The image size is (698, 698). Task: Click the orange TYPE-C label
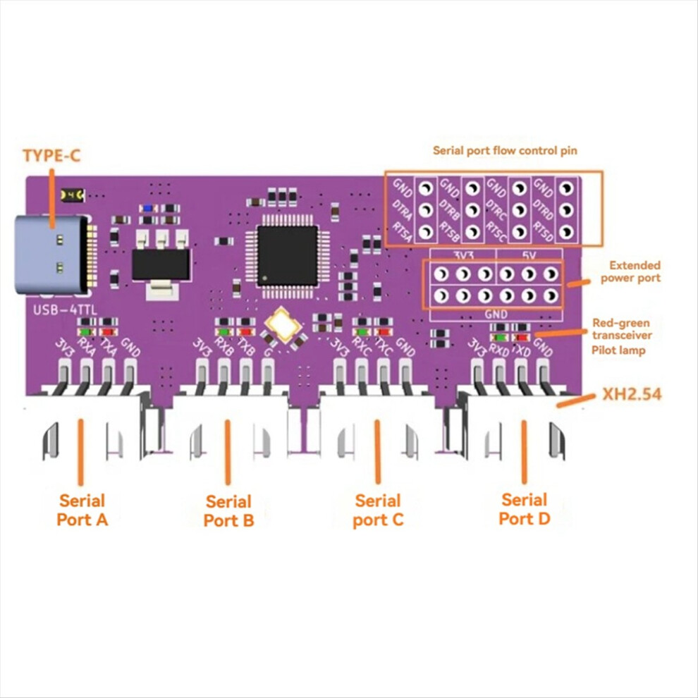tap(51, 156)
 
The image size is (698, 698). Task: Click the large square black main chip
tap(287, 255)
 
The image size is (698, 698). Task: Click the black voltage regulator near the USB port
tap(161, 266)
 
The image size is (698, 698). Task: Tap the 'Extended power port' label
tap(635, 271)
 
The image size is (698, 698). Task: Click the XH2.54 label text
tap(630, 395)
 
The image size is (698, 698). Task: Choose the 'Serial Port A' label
tap(82, 510)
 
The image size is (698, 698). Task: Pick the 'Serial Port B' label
tap(228, 511)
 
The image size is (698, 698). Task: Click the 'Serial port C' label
tap(378, 510)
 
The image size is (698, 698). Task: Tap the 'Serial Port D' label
tap(525, 509)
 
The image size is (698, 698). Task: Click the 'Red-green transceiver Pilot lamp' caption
tap(621, 336)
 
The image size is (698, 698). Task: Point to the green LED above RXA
tap(87, 330)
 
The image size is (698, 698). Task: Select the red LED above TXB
tap(245, 330)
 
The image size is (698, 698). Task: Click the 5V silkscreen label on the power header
tap(529, 253)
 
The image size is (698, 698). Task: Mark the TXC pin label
tap(384, 348)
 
